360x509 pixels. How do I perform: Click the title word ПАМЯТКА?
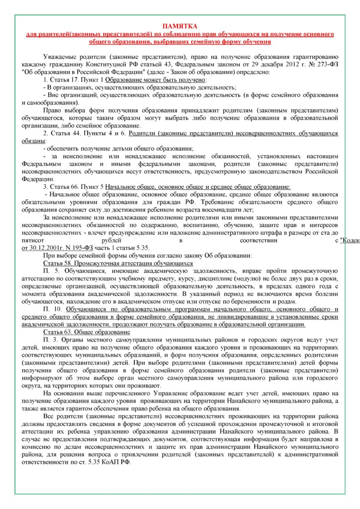[x=180, y=26]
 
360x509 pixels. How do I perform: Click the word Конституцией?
[x=115, y=64]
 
